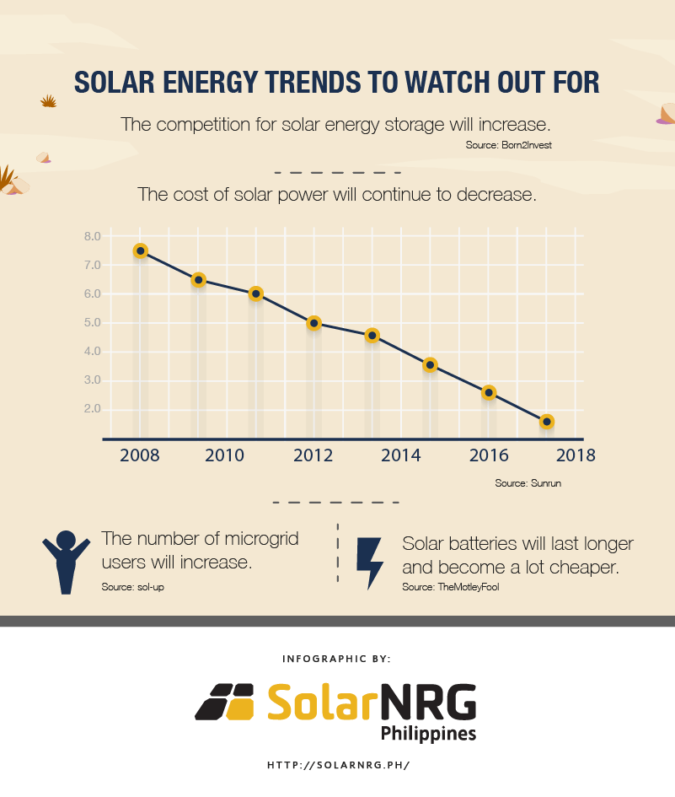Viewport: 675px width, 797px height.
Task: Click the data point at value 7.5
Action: point(141,250)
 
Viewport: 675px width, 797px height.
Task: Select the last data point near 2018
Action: point(546,421)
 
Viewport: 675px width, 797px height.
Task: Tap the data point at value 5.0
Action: point(314,323)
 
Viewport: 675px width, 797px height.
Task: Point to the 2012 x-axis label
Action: point(313,456)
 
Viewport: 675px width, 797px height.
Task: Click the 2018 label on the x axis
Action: point(575,456)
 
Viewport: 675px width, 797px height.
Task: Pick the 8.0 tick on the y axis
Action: point(92,236)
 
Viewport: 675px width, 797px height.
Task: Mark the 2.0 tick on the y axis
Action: point(92,409)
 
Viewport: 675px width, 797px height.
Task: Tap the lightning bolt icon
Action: point(369,563)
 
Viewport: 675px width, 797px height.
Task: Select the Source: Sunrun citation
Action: point(528,483)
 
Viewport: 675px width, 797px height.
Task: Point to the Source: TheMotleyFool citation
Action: point(450,587)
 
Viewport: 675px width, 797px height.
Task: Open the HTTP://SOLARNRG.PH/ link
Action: point(338,765)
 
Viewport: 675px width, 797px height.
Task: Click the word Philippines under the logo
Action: point(428,733)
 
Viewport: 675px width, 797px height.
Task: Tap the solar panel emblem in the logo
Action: point(225,702)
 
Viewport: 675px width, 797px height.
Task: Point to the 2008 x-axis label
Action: point(141,456)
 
